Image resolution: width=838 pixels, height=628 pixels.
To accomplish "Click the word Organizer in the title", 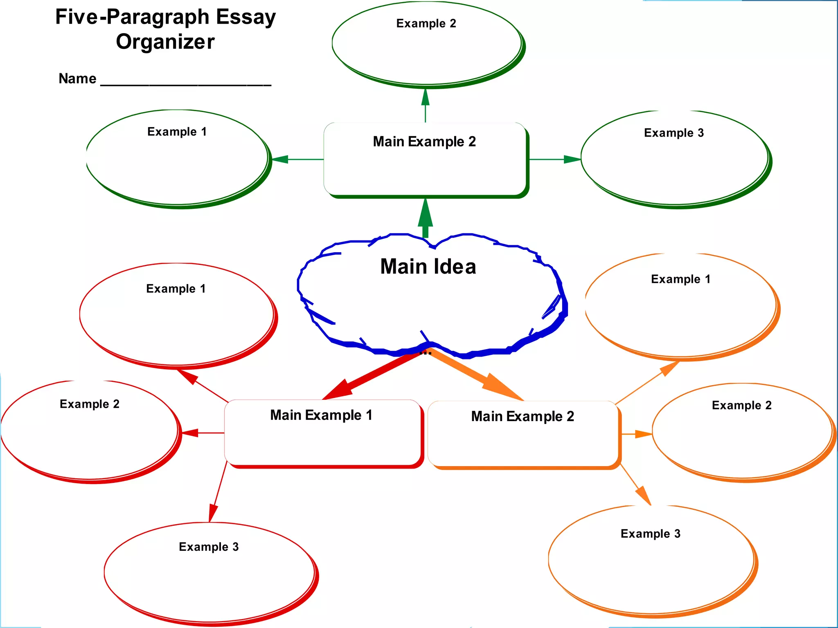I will [165, 42].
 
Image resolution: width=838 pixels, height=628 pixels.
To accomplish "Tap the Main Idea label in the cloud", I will [428, 267].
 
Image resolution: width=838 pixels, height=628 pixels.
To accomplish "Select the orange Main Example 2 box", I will [523, 434].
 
